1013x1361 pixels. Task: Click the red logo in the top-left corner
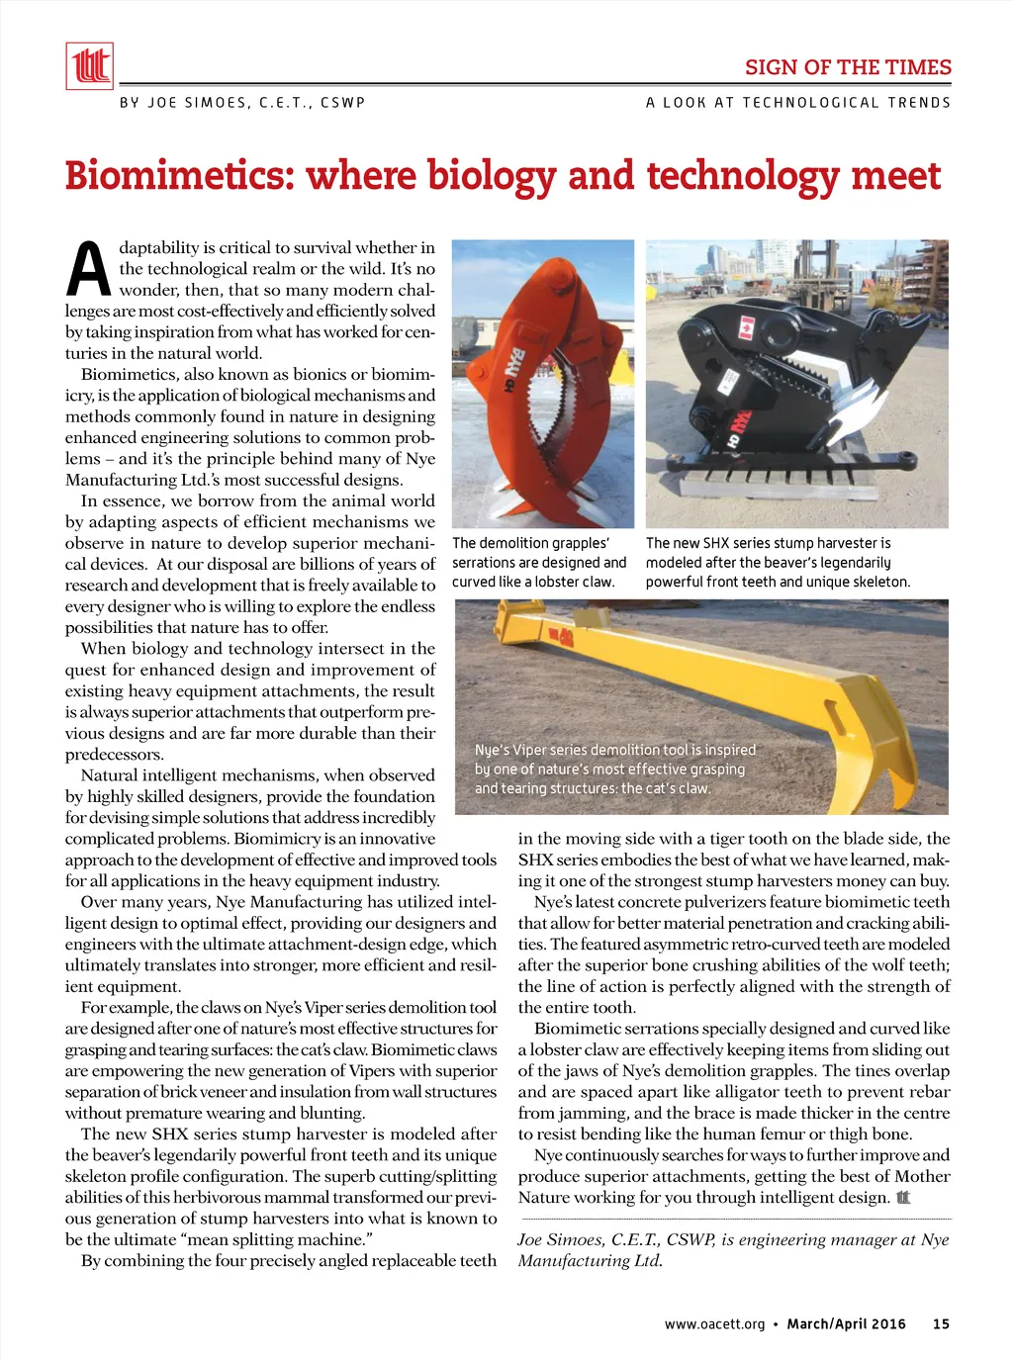click(x=89, y=66)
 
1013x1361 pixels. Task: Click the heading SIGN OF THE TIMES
click(x=848, y=67)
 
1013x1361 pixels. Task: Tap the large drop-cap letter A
click(x=88, y=269)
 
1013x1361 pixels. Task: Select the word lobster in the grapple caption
click(x=557, y=582)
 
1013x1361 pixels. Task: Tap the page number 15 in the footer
click(x=941, y=1323)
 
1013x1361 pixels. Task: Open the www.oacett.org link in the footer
click(x=714, y=1323)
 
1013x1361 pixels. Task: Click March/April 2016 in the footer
click(x=846, y=1323)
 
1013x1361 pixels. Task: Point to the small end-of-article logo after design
click(x=902, y=1198)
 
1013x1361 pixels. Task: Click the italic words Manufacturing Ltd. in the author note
click(x=590, y=1261)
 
